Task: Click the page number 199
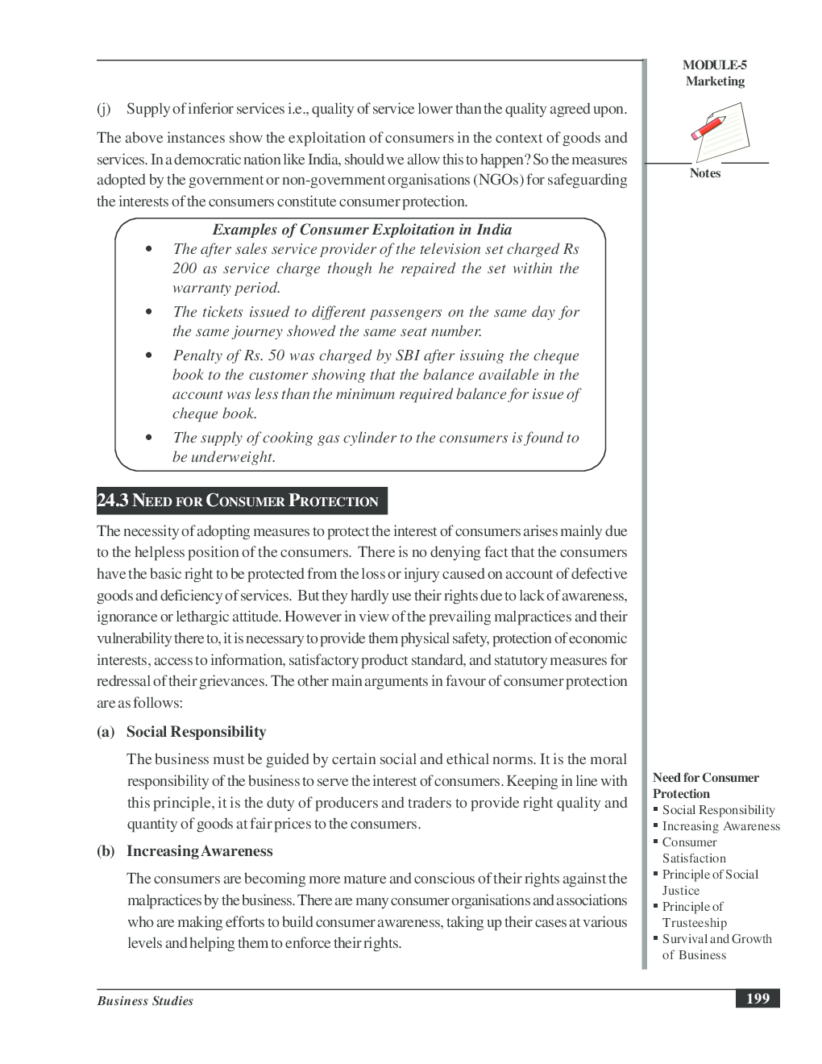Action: coord(758,999)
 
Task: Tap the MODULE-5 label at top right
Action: coord(714,65)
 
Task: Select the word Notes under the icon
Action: coord(705,173)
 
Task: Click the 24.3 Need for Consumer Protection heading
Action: coord(242,501)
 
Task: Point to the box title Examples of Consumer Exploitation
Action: coord(362,230)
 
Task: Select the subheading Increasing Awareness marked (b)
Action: coord(199,851)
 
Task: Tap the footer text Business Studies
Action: coord(145,1001)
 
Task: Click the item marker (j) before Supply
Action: coord(104,109)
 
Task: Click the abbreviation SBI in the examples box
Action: coord(408,355)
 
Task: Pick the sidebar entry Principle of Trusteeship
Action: coord(693,915)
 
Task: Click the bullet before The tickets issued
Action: coord(149,312)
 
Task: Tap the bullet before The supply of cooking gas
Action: coord(149,438)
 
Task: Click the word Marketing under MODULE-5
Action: coord(715,81)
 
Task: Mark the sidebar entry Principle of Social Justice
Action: coord(709,883)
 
